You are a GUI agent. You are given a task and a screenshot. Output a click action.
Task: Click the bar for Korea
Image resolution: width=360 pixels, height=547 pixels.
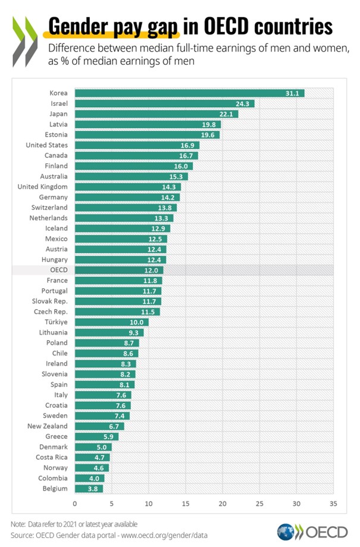(189, 93)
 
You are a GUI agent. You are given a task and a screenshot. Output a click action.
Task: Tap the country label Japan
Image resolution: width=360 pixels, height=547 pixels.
(58, 114)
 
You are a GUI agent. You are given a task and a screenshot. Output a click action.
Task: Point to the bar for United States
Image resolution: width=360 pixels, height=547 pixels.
(137, 145)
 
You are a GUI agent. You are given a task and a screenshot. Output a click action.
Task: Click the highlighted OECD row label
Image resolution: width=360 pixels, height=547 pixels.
(58, 270)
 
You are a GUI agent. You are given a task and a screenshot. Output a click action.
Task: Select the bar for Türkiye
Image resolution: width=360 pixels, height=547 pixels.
(111, 322)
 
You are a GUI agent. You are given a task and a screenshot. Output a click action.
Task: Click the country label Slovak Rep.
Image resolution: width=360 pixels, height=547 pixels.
(50, 301)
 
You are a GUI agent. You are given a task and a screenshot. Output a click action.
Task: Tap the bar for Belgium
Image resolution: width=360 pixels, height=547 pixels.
(89, 489)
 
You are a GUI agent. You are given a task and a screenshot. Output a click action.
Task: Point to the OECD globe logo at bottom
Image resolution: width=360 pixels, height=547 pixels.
(286, 532)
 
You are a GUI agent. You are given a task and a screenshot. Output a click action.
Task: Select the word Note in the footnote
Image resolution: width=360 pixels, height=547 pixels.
(17, 524)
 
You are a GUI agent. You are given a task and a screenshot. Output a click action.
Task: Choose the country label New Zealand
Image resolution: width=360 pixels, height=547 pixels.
(48, 426)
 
